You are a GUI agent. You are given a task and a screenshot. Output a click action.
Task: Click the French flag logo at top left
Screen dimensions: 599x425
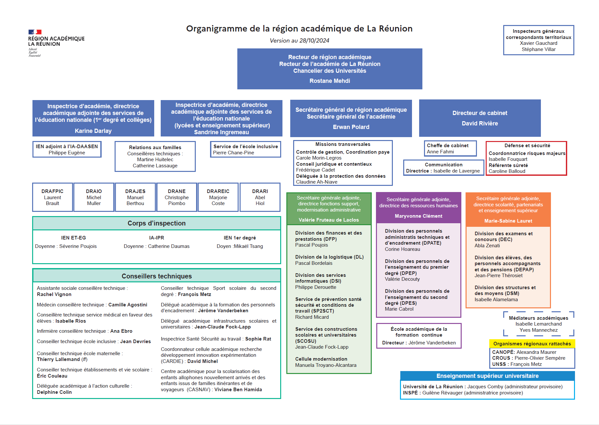pos(35,32)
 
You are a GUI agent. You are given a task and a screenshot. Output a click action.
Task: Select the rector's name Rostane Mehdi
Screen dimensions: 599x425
pos(330,81)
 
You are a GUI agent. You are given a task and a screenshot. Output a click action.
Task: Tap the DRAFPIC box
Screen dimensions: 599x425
pos(53,197)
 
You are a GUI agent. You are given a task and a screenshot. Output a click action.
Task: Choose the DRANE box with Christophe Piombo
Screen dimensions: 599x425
pos(177,197)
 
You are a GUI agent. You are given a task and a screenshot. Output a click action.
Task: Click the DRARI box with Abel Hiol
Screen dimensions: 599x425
pos(260,197)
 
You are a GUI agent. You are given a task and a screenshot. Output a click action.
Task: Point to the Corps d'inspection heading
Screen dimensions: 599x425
pos(156,223)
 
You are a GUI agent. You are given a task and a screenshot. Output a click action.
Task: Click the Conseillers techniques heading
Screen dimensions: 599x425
pos(156,276)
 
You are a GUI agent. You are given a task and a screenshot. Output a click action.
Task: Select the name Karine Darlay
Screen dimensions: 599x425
pos(93,131)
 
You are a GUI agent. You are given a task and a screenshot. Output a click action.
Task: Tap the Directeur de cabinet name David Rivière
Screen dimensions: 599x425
pos(480,123)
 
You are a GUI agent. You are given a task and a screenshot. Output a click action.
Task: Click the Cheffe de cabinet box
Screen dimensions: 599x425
pos(450,148)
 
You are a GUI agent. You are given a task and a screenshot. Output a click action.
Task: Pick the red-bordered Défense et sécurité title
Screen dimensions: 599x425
pos(527,146)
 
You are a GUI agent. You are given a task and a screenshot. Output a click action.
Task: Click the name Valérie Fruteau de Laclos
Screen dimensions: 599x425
pos(329,220)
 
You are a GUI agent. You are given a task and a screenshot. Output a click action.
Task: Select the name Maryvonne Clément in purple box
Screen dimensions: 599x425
pos(418,216)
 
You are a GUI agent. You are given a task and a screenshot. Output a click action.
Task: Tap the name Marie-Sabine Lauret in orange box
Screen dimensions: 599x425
pos(508,221)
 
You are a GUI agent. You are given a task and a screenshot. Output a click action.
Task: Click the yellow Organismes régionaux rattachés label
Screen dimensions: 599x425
pos(532,344)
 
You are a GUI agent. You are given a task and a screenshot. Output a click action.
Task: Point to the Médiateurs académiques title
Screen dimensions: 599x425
pos(539,318)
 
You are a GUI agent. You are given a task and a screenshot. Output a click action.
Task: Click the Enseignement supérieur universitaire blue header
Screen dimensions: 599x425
pos(487,376)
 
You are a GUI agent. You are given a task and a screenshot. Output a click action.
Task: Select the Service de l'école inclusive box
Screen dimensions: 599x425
pos(245,149)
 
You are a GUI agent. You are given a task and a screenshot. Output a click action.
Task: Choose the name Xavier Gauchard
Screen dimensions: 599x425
pos(539,43)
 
